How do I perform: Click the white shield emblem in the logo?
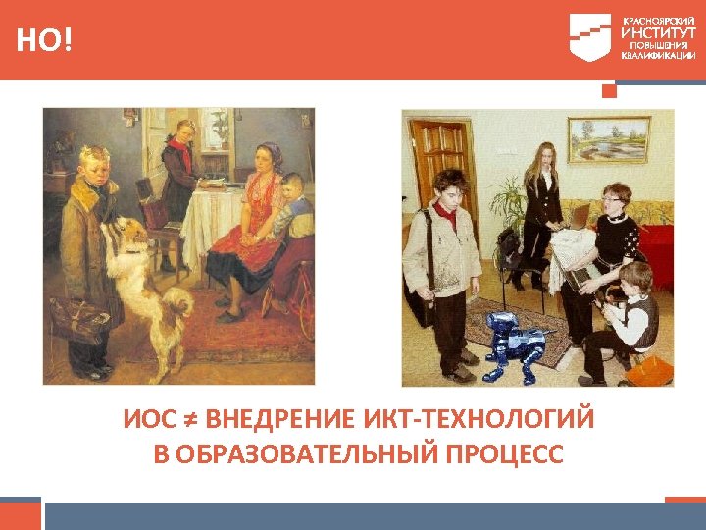click(589, 37)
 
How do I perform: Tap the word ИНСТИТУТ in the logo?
click(656, 32)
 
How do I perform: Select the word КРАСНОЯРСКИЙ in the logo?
click(656, 19)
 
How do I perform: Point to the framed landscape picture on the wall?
click(610, 138)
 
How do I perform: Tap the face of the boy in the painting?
click(94, 168)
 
